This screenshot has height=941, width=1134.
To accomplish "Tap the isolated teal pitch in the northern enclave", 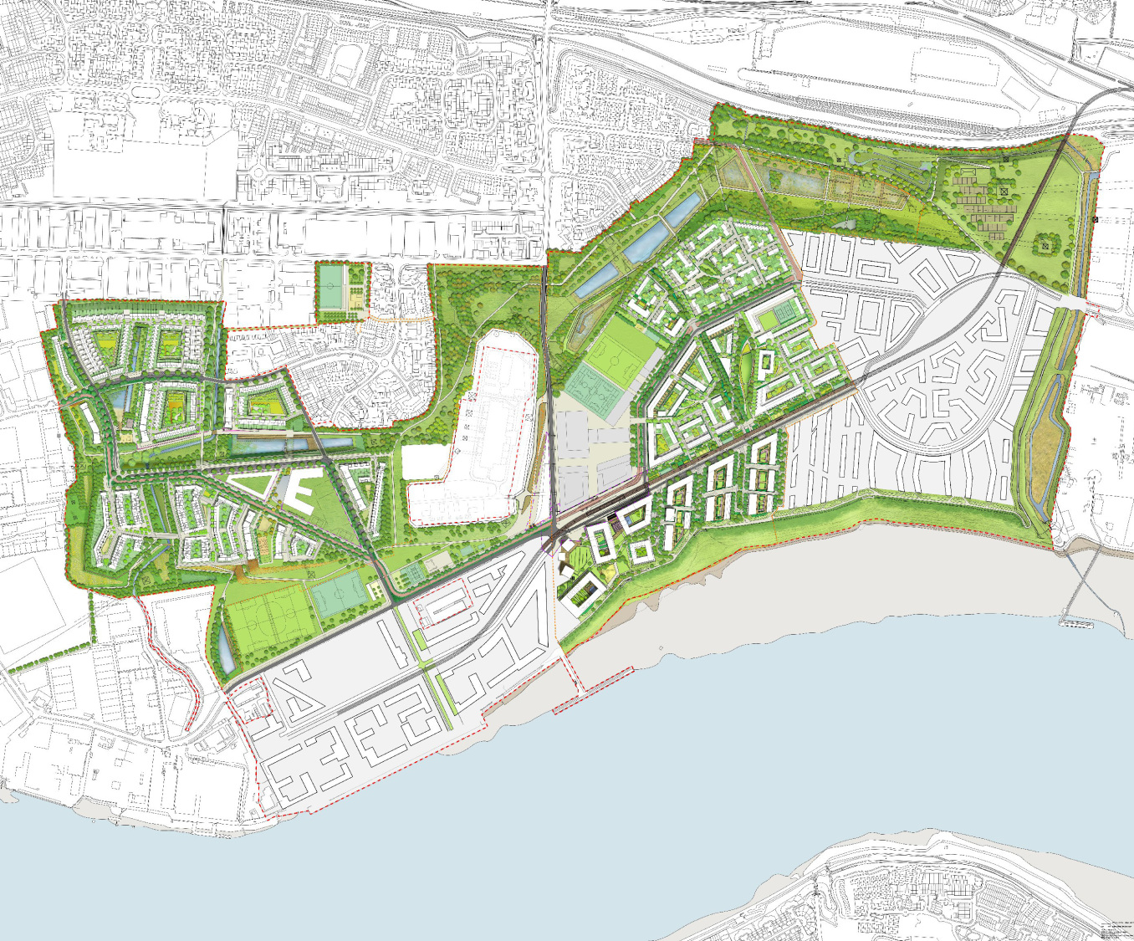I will point(333,286).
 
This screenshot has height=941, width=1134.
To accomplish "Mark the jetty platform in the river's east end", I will point(1075,622).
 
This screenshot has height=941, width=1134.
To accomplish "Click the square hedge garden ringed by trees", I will point(1045,246).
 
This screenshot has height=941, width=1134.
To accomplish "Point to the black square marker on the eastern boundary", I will point(1096,219).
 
